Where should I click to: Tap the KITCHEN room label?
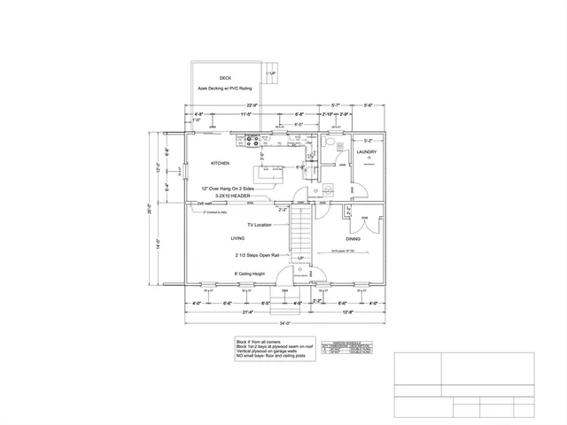pyautogui.click(x=221, y=163)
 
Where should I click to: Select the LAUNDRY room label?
pyautogui.click(x=367, y=152)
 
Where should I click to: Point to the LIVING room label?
pyautogui.click(x=237, y=238)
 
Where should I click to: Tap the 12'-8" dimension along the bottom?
pyautogui.click(x=346, y=312)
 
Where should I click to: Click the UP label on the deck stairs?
pyautogui.click(x=273, y=73)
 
